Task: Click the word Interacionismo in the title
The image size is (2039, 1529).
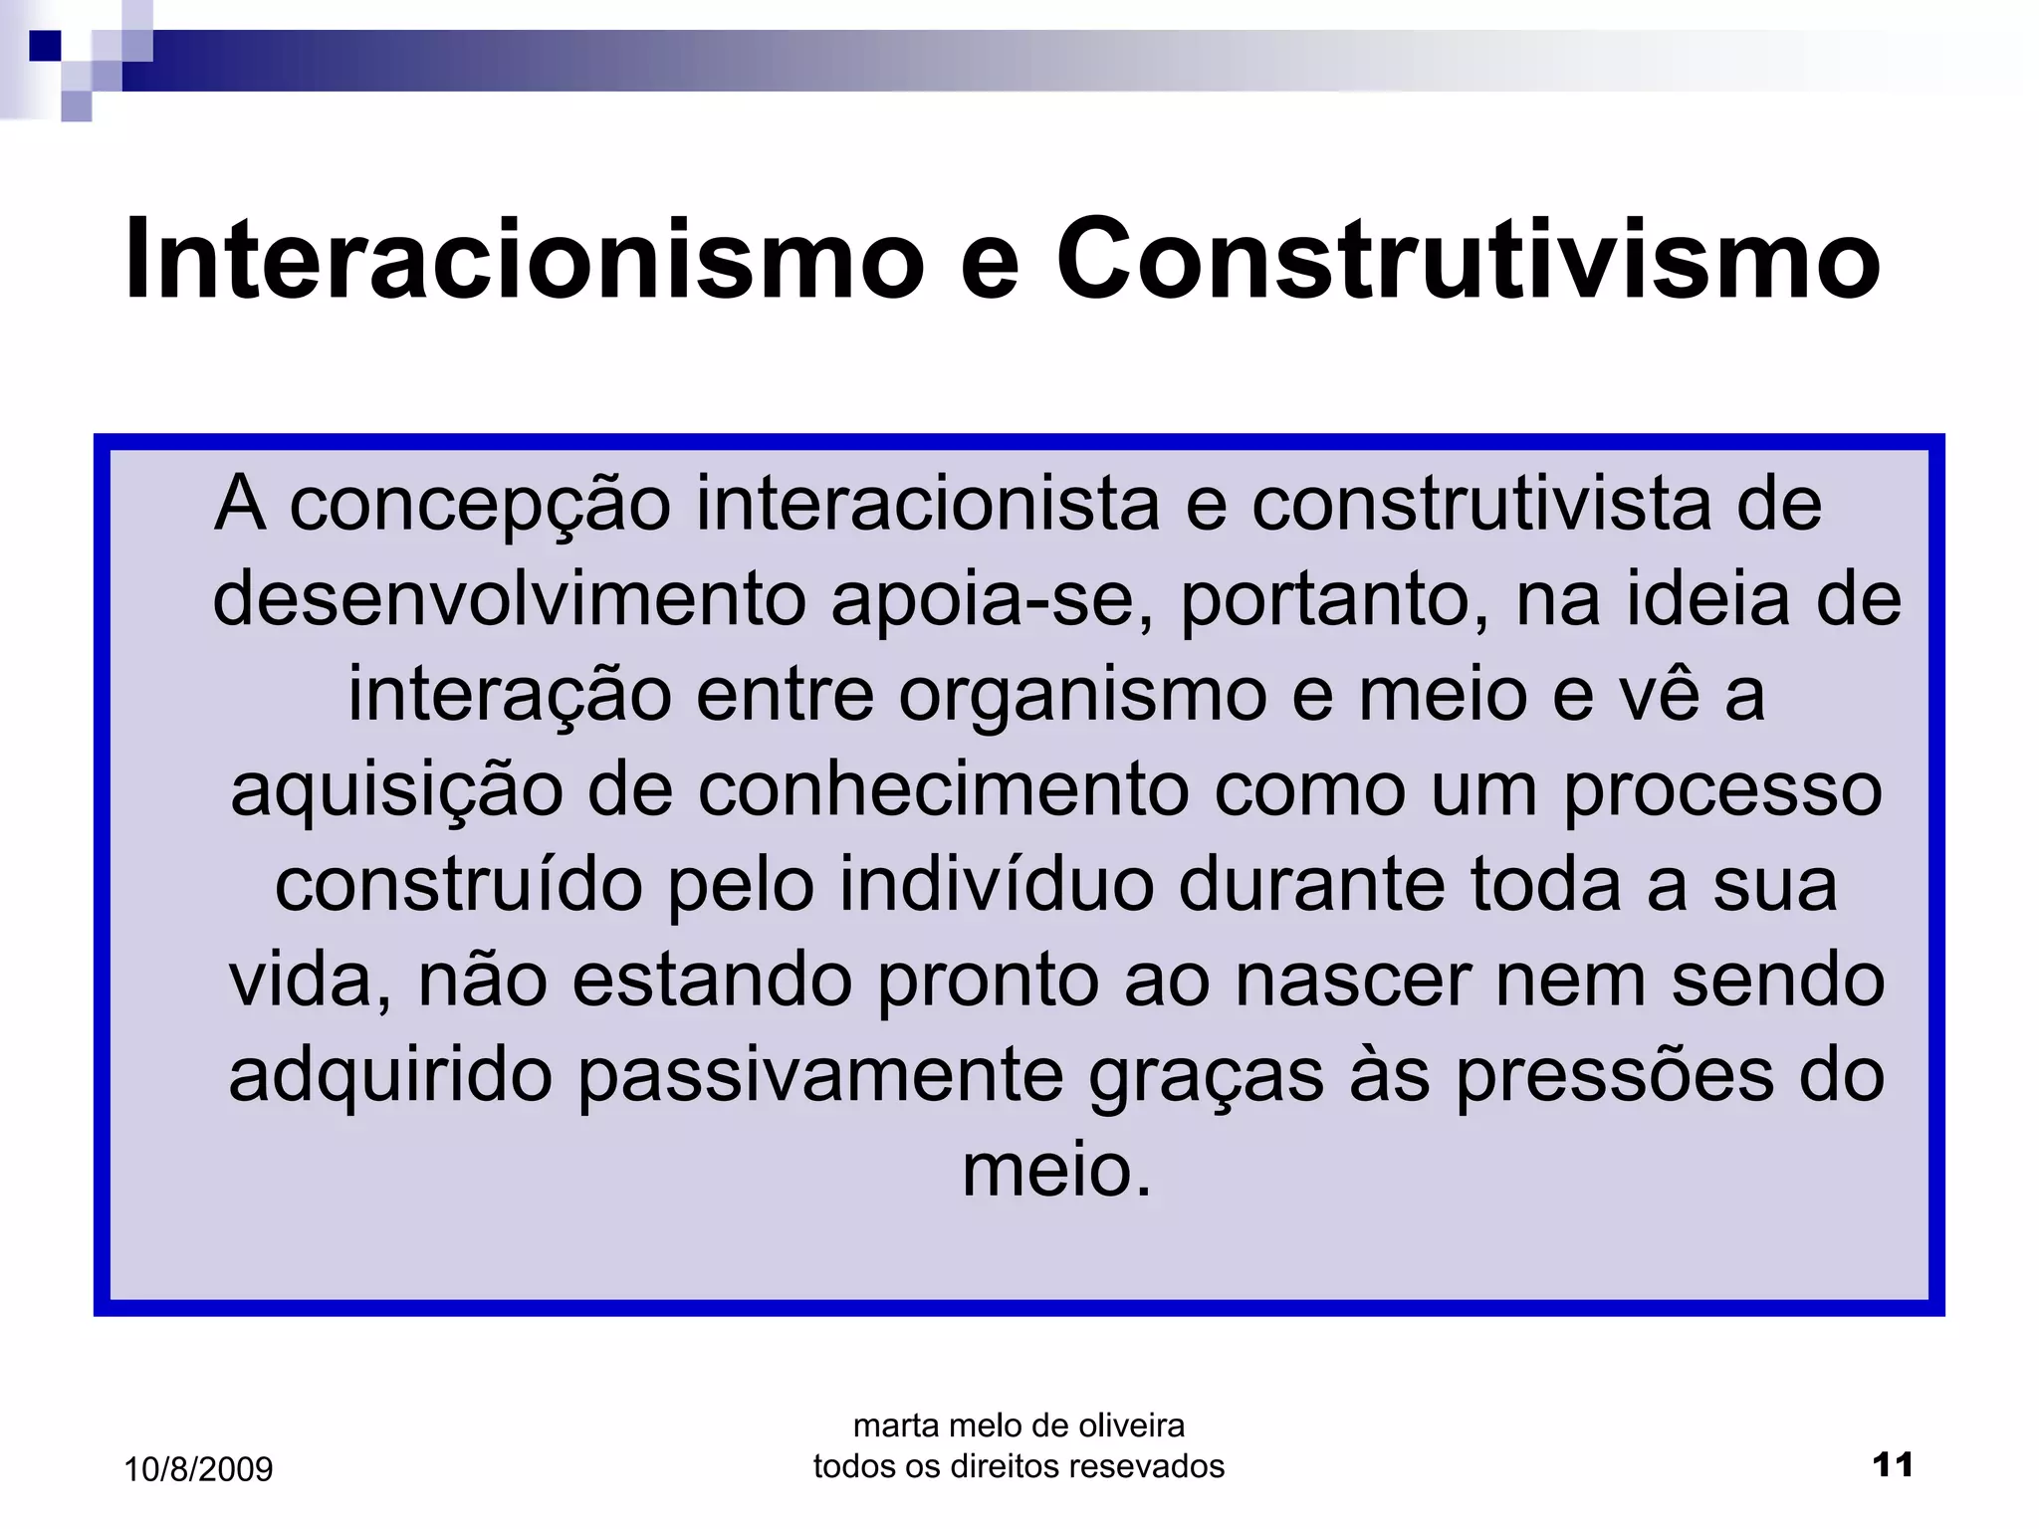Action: (524, 260)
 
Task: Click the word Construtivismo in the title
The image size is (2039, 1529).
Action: (1468, 260)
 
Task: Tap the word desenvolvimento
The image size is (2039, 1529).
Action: (509, 599)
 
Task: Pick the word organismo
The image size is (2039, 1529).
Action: (1082, 694)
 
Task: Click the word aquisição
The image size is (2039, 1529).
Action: (396, 790)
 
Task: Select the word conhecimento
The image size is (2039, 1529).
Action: (943, 790)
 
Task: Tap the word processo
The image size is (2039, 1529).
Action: (1722, 790)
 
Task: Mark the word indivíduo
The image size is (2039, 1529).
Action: (996, 885)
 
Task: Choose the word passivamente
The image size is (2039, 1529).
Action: (820, 1076)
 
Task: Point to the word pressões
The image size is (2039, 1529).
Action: (1614, 1076)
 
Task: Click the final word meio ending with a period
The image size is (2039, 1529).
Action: (1056, 1171)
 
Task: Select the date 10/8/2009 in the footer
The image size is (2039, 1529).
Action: (198, 1469)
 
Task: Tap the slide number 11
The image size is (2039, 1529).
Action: (1892, 1465)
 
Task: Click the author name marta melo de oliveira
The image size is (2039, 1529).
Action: (1019, 1425)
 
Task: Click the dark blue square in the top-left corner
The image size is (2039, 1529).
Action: (45, 45)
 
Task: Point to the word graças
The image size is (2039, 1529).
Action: (1206, 1076)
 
